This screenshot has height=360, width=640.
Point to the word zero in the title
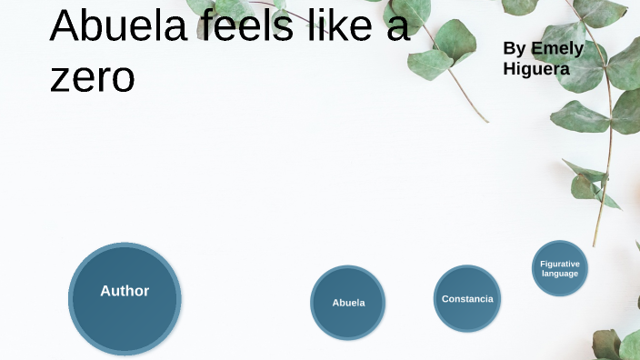(92, 77)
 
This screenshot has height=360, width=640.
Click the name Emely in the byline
(557, 48)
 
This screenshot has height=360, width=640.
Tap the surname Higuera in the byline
(536, 68)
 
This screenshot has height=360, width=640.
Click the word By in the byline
(515, 48)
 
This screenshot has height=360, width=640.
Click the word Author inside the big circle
(125, 291)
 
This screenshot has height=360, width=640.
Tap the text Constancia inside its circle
(467, 299)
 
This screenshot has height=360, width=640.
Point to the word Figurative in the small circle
(560, 264)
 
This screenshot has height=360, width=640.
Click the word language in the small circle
(560, 274)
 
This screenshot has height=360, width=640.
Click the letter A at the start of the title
(66, 26)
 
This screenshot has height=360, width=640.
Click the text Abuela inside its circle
(348, 303)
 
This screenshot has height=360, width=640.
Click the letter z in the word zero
(59, 79)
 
